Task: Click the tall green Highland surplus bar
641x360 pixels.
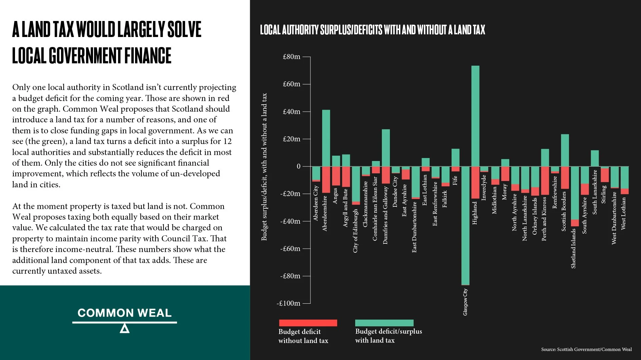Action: tap(475, 116)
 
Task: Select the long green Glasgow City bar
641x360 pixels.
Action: tap(465, 226)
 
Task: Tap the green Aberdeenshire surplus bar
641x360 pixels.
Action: tap(326, 138)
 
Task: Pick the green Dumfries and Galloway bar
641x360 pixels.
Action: tap(386, 148)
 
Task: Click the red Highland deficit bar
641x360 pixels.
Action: tap(475, 182)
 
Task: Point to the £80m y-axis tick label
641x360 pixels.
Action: tap(291, 57)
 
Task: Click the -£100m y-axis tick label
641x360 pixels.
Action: tap(288, 303)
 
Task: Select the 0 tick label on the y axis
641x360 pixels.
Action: tap(298, 166)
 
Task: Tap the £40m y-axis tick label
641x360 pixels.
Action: tap(291, 112)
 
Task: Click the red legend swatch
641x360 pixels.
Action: tap(308, 323)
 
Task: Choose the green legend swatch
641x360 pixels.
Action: tap(384, 323)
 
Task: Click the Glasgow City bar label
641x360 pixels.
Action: tap(465, 302)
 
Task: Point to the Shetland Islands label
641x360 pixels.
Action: tap(573, 248)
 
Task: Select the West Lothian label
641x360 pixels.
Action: tap(623, 213)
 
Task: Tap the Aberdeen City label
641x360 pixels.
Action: tap(316, 203)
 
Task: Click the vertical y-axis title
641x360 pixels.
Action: tap(264, 167)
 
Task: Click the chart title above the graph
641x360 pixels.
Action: tap(373, 30)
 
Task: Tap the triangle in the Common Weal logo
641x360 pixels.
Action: tap(124, 329)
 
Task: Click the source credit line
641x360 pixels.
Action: tap(586, 349)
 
